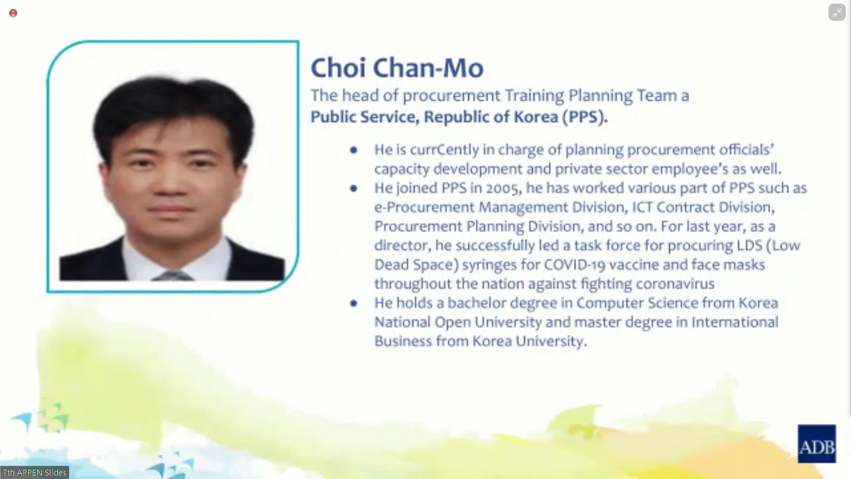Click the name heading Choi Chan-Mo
point(397,68)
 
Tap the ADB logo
point(816,444)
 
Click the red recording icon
point(13,13)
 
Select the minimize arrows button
point(836,12)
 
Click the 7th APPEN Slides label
point(35,472)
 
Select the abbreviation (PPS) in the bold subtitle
point(585,117)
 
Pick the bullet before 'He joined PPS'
point(354,188)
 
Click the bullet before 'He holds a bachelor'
point(354,303)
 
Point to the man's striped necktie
point(172,275)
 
